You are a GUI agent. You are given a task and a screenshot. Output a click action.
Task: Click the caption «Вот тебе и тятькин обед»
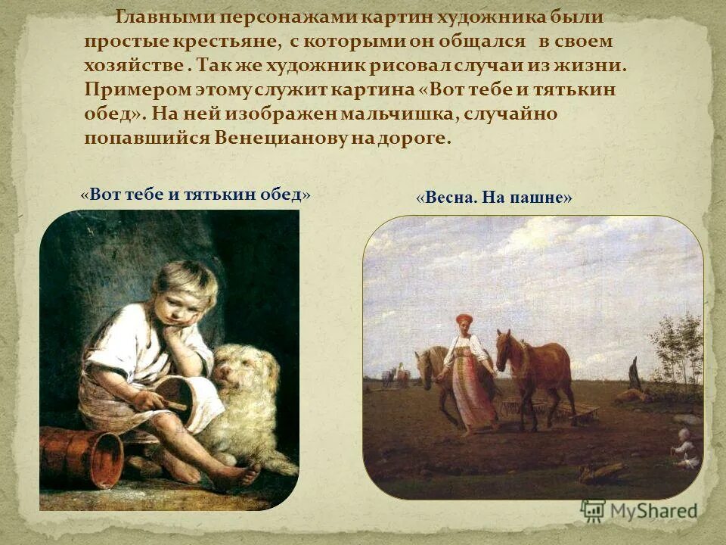(x=195, y=194)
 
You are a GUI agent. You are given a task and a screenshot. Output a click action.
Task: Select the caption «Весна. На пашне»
(x=495, y=198)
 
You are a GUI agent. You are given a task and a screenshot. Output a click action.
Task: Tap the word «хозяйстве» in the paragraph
(x=133, y=65)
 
